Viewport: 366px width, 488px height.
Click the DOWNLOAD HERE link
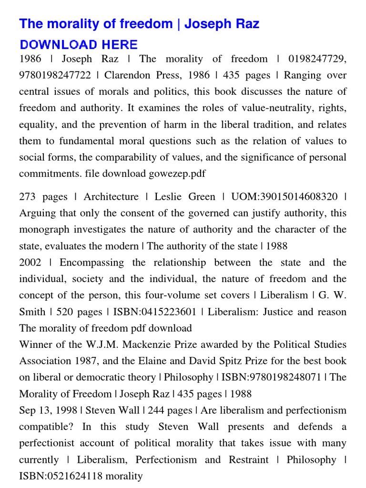79,45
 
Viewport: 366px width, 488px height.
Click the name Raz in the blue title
246,24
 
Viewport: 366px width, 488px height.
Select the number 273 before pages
30,197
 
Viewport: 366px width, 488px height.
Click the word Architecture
111,197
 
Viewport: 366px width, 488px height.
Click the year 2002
30,263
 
